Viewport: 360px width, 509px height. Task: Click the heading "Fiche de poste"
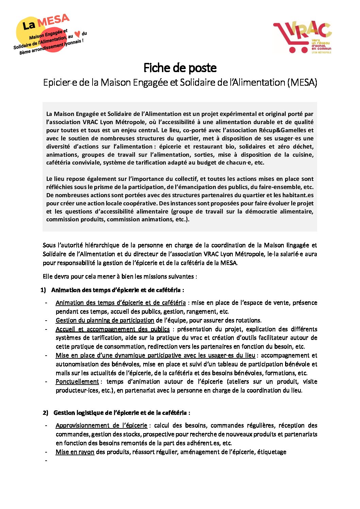point(180,68)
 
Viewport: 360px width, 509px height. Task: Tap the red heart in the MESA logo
point(78,34)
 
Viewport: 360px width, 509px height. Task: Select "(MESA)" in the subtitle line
point(302,82)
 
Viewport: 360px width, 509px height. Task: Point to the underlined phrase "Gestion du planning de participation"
point(105,320)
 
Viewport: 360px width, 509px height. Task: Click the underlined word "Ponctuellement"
point(77,381)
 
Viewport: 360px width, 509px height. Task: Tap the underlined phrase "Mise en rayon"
point(75,452)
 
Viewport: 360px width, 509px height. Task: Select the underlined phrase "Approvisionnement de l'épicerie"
point(101,425)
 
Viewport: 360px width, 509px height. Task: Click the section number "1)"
point(43,290)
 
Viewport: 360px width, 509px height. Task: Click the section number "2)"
point(46,413)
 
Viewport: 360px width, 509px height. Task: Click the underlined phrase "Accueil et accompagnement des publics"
point(113,329)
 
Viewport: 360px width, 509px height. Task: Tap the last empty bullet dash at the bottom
point(46,461)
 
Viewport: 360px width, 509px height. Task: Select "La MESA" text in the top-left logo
point(46,23)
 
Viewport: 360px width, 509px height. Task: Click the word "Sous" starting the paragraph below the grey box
point(49,245)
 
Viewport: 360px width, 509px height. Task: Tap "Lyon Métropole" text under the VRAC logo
point(321,53)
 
